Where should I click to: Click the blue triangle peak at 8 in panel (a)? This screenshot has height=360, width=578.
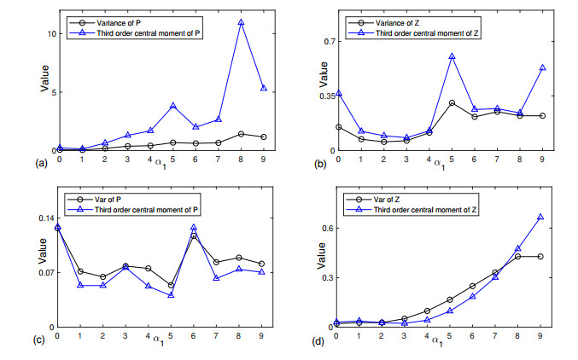[241, 22]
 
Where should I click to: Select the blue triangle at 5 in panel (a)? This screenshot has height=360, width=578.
[172, 106]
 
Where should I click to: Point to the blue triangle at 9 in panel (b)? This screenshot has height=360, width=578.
[541, 67]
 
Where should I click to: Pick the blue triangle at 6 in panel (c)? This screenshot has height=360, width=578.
[195, 228]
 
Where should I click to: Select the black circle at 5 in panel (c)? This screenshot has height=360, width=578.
[171, 285]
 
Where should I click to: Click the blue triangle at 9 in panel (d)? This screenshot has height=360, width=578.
[540, 217]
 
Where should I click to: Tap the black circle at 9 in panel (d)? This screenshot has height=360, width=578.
[540, 256]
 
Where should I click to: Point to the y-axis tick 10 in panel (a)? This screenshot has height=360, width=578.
[49, 33]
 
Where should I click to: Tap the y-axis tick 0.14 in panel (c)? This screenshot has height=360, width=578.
[44, 218]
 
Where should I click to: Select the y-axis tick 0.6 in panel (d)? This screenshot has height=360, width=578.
[324, 228]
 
